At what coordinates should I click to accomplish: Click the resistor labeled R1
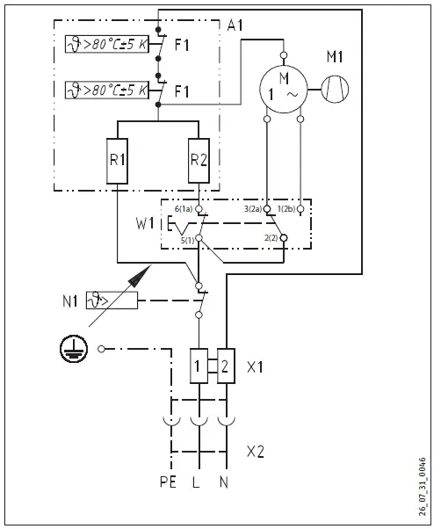click(x=118, y=161)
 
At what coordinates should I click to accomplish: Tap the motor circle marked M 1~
click(x=283, y=88)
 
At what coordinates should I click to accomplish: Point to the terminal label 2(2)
click(x=271, y=239)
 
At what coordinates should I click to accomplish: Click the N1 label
click(x=74, y=302)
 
